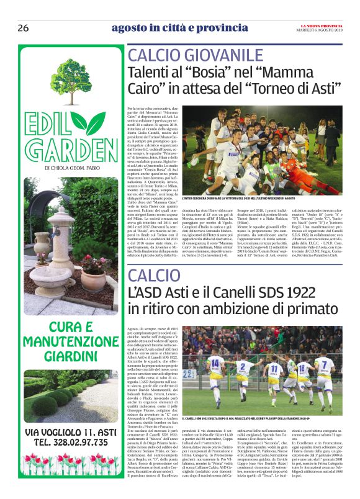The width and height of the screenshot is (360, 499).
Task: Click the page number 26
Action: tap(23, 28)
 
